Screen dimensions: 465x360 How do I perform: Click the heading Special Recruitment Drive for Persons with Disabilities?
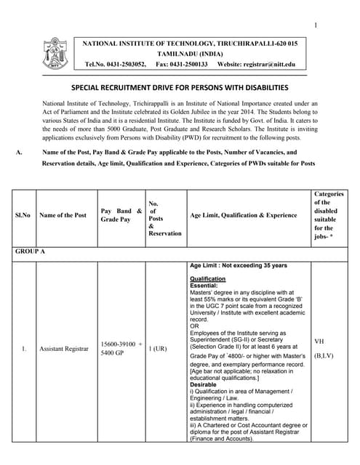click(x=180, y=86)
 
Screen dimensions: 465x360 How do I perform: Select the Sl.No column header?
click(x=23, y=215)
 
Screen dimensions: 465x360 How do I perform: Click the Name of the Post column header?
click(x=63, y=215)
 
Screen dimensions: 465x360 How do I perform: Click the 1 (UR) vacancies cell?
click(x=158, y=349)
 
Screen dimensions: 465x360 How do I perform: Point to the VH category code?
click(x=319, y=341)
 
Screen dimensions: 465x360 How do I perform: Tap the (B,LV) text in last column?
click(x=324, y=357)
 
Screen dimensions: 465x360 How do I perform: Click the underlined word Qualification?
click(x=208, y=279)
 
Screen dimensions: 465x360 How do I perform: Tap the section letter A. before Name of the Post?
click(x=19, y=153)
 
